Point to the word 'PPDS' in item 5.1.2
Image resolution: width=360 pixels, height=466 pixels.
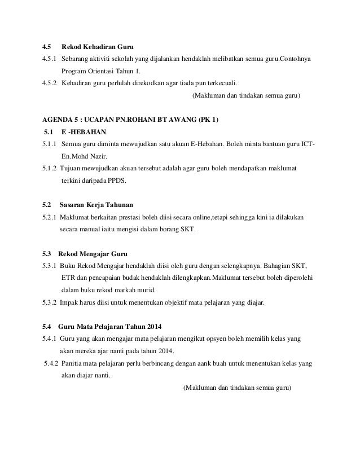pyautogui.click(x=117, y=181)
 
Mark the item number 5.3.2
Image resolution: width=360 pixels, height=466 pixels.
pyautogui.click(x=50, y=302)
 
